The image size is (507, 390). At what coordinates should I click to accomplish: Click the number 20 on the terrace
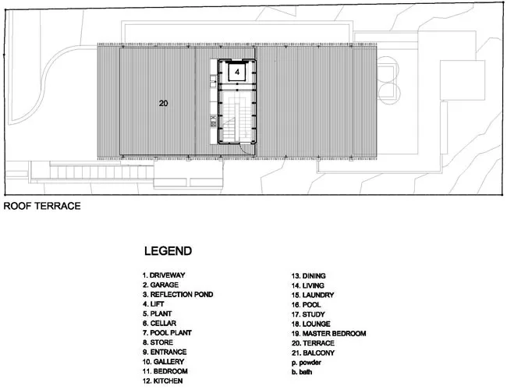pos(163,103)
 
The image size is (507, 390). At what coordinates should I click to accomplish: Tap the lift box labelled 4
pos(237,72)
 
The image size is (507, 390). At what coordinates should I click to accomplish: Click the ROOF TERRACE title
pos(42,206)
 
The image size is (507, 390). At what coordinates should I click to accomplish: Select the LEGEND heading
pos(168,251)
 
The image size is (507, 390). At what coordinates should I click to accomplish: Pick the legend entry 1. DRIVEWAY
pos(164,275)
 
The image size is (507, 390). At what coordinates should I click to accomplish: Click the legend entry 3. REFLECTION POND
pos(178,295)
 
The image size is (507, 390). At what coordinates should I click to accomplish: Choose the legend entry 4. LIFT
pos(153,304)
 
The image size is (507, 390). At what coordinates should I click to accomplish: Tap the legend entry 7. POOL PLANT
pos(167,333)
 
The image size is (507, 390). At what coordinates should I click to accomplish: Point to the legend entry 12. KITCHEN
pos(163,381)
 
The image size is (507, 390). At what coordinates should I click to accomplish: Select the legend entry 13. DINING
pos(308,276)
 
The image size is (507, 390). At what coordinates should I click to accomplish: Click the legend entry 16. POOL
pos(307,305)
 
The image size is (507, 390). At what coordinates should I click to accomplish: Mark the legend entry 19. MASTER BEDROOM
pos(329,333)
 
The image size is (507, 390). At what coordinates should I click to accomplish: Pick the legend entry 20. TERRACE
pos(313,343)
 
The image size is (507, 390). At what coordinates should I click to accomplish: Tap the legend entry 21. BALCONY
pos(313,353)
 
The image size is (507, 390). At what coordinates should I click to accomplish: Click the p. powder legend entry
pos(307,363)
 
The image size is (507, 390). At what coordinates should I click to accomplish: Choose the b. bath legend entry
pos(302,372)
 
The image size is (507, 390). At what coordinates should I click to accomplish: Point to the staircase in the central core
pos(237,117)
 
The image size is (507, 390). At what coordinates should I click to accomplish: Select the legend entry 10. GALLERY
pos(163,362)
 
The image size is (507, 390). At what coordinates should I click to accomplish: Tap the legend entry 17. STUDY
pos(308,314)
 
